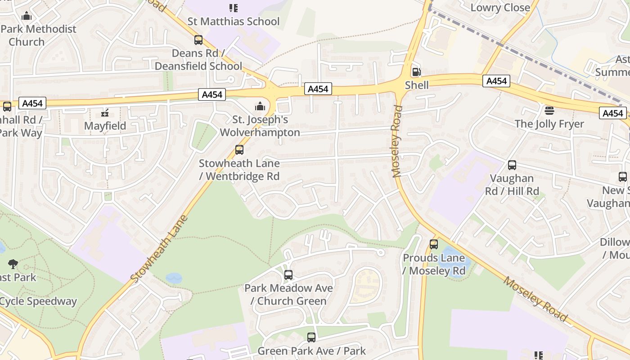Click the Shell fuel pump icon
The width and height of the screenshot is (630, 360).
417,72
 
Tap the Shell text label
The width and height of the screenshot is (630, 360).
417,85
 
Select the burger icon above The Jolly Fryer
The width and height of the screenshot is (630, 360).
549,110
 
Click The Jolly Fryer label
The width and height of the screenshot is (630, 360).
549,124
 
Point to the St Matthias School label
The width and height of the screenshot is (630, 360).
234,21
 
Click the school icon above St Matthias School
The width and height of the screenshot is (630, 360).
234,8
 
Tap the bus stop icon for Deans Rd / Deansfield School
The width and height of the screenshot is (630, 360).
198,40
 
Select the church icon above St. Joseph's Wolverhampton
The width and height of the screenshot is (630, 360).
260,106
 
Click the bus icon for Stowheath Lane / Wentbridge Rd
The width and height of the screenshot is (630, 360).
239,150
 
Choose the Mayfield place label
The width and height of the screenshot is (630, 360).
105,126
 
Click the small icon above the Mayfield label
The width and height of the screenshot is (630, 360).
105,112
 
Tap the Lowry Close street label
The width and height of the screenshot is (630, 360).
500,8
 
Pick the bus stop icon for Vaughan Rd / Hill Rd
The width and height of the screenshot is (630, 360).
512,165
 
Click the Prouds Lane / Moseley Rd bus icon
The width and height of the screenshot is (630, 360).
434,244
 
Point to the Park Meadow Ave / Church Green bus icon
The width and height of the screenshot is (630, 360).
288,274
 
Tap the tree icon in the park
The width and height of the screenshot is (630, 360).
13,264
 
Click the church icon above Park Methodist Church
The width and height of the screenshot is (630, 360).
27,16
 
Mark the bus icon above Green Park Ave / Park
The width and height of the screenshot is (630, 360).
311,337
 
